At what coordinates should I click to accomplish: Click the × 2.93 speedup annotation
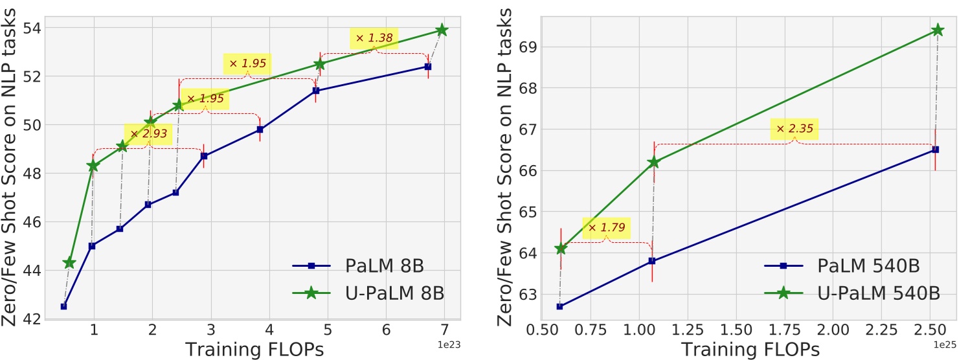click(x=149, y=134)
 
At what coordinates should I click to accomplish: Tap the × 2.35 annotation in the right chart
click(x=794, y=129)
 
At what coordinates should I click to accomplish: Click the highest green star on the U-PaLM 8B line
click(x=442, y=30)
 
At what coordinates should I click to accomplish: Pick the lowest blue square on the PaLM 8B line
click(x=63, y=306)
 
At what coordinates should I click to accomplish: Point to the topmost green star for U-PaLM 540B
click(x=937, y=30)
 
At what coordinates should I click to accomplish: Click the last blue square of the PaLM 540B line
click(x=935, y=150)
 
